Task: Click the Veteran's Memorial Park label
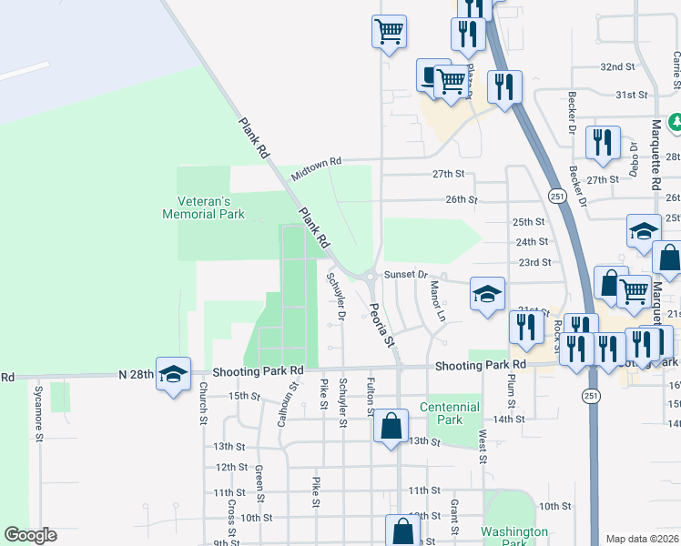pos(203,207)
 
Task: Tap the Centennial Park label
pos(448,413)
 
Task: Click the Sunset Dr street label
pos(405,273)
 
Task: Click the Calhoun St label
pos(283,405)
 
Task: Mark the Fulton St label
pos(371,398)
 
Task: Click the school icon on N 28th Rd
pos(173,373)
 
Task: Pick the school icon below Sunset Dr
pos(487,294)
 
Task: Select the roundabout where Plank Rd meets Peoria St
pos(371,277)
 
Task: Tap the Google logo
pos(31,535)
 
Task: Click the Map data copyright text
pos(641,539)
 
